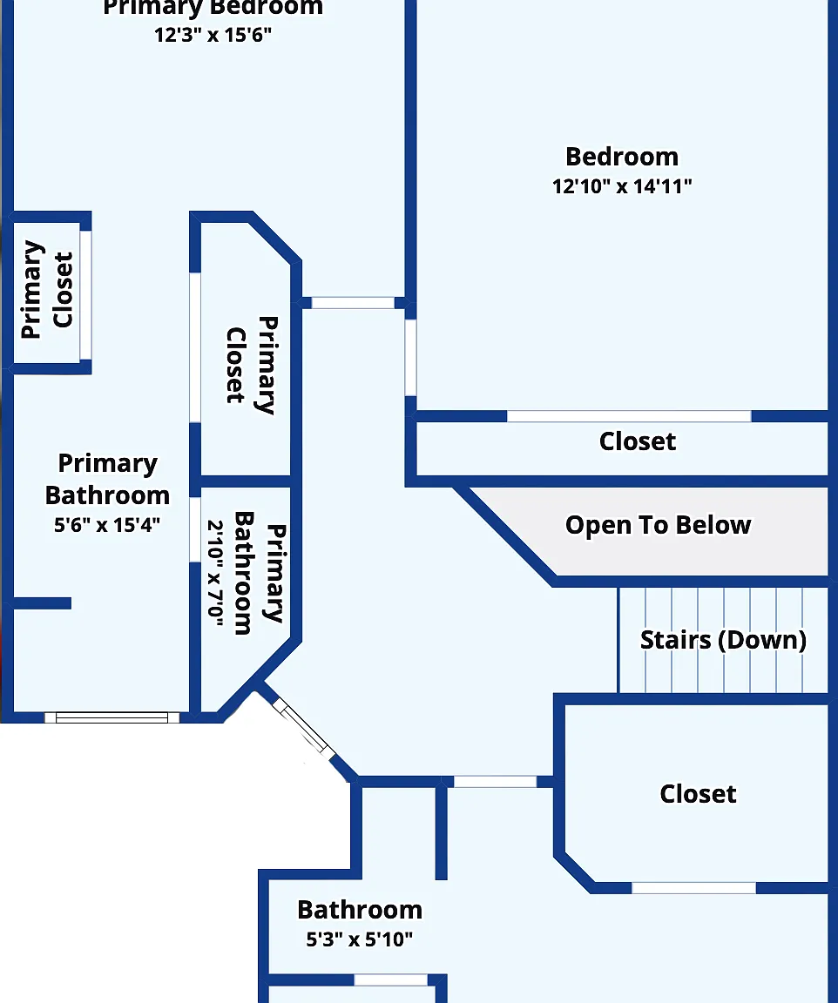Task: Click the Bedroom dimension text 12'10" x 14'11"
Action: pyautogui.click(x=622, y=186)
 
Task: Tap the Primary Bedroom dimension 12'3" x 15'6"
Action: pyautogui.click(x=213, y=35)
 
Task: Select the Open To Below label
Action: pyautogui.click(x=658, y=525)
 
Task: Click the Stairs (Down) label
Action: pyautogui.click(x=723, y=640)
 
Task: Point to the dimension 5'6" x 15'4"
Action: pyautogui.click(x=107, y=524)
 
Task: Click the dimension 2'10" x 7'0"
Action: pyautogui.click(x=216, y=573)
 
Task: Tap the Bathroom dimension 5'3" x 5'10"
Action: pyautogui.click(x=359, y=939)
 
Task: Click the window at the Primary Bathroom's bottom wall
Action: pyautogui.click(x=112, y=717)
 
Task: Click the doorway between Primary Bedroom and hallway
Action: pyautogui.click(x=353, y=303)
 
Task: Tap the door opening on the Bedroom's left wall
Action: pyautogui.click(x=410, y=358)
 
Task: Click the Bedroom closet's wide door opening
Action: pyautogui.click(x=629, y=416)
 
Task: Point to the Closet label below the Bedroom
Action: pyautogui.click(x=638, y=441)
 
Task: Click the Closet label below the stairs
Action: pyautogui.click(x=698, y=794)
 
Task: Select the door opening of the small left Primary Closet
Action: pyautogui.click(x=85, y=295)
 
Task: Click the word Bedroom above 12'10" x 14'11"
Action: pyautogui.click(x=622, y=157)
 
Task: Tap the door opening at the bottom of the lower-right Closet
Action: pyautogui.click(x=693, y=888)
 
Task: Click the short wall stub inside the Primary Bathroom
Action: pyautogui.click(x=42, y=603)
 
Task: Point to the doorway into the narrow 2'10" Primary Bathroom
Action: pyautogui.click(x=195, y=529)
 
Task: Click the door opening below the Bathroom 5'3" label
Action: pyautogui.click(x=390, y=980)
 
